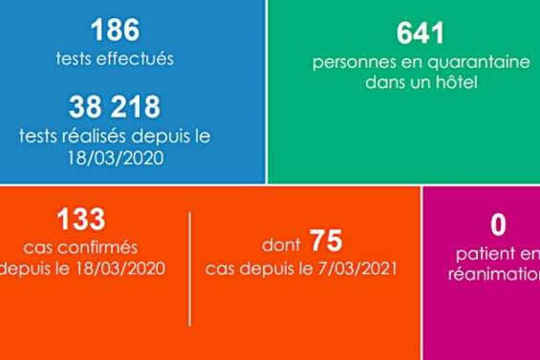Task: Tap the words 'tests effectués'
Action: point(115,59)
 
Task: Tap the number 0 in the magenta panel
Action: point(498,225)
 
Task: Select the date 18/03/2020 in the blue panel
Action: point(115,156)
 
